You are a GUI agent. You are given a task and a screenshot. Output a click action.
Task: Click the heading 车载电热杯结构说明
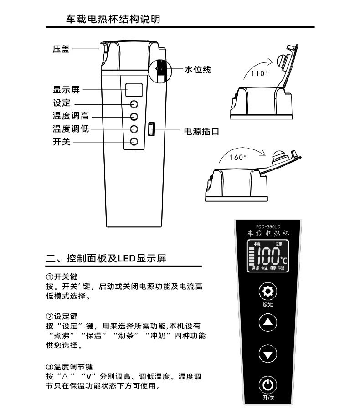[113, 19]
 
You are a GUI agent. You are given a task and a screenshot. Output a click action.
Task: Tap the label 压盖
[61, 49]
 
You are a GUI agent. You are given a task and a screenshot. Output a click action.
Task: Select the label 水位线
[197, 70]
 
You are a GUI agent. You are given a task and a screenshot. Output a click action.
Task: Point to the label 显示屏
[66, 90]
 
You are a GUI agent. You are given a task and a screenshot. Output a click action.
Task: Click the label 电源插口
[201, 132]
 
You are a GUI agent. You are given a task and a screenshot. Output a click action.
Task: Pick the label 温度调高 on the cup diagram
[71, 116]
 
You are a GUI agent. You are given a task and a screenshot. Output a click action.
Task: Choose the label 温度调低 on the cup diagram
[71, 129]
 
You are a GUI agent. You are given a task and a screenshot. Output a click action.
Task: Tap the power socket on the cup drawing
[152, 129]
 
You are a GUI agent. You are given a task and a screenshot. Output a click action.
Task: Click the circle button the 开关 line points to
[134, 141]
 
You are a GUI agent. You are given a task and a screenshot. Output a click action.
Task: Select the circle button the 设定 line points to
[134, 103]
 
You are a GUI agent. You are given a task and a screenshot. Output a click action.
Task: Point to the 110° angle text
[259, 73]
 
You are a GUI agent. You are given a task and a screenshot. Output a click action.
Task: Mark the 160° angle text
[237, 157]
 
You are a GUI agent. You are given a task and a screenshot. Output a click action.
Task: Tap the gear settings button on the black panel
[268, 292]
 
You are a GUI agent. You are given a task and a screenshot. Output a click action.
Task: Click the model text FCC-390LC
[268, 226]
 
